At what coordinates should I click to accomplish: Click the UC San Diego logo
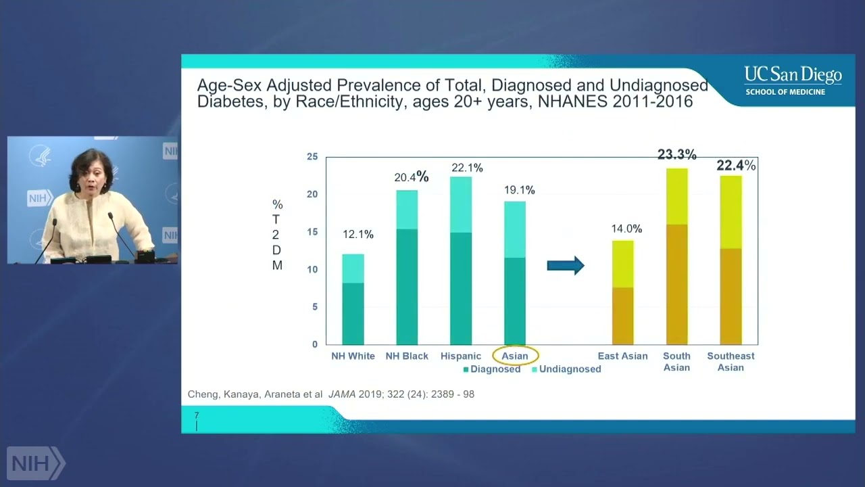[793, 80]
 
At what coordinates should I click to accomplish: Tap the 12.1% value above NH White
[357, 235]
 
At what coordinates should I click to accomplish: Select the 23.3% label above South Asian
[676, 155]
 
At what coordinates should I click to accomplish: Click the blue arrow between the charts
[565, 265]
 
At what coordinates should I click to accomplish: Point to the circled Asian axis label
[515, 356]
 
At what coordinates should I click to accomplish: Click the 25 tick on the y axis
[312, 157]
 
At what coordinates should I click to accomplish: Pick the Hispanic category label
[461, 356]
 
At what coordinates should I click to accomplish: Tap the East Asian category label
[622, 356]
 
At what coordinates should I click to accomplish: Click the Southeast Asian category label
[731, 361]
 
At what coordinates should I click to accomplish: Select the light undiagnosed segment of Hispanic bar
[461, 204]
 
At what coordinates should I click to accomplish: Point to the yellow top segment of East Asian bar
[622, 264]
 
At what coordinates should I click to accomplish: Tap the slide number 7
[197, 415]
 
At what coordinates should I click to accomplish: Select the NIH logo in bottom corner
[35, 463]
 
